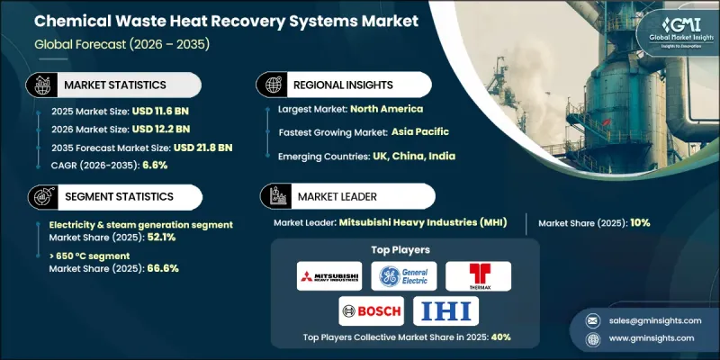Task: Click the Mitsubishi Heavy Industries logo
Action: tap(329, 276)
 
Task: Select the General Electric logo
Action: tap(403, 276)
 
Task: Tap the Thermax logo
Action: tap(478, 276)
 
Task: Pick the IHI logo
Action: tap(446, 311)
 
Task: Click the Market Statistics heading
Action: tap(115, 85)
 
